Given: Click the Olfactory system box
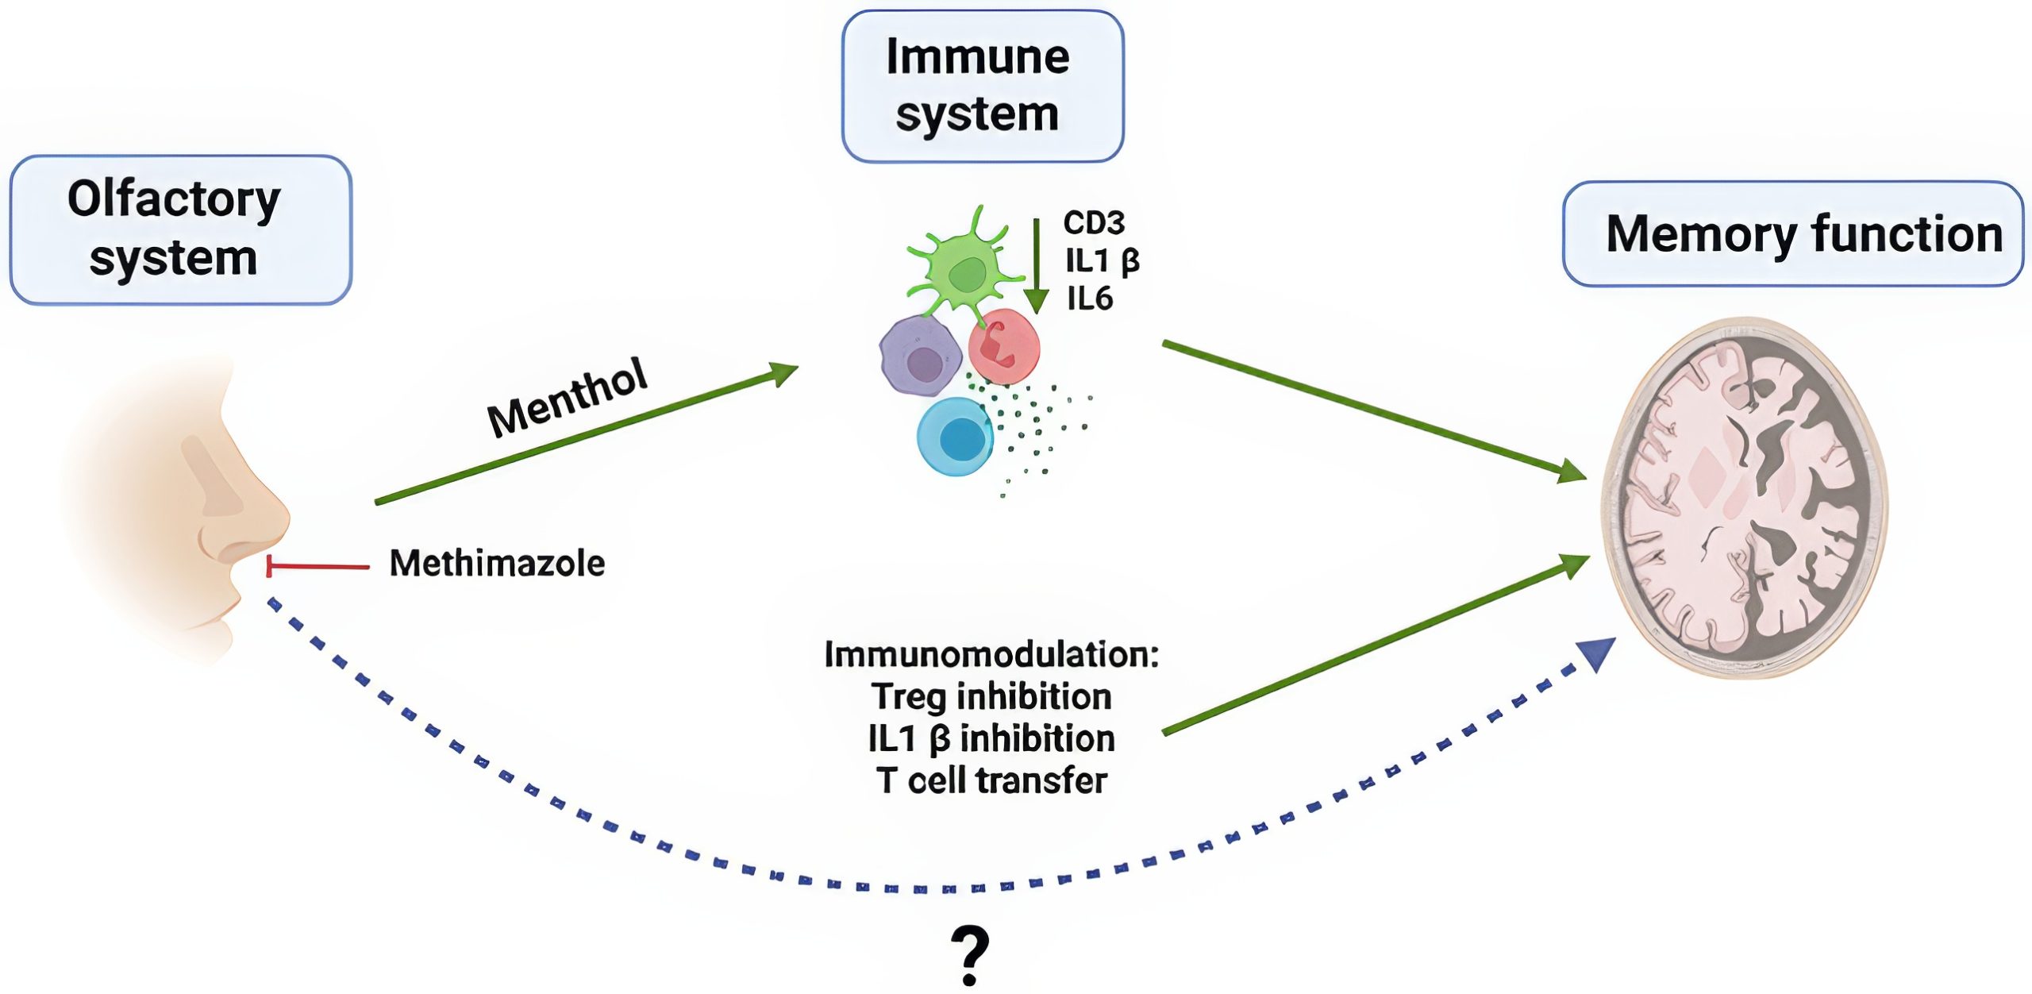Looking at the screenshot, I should click(x=180, y=229).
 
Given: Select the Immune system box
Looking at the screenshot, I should click(x=982, y=86).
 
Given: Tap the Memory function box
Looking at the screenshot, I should click(x=1792, y=233).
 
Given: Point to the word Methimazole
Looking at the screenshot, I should click(x=497, y=564).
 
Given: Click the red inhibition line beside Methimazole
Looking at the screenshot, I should click(x=317, y=566).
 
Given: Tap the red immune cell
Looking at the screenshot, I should click(x=1004, y=346).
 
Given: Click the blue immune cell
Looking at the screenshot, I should click(x=955, y=437).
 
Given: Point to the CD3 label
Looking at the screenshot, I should click(x=1094, y=223).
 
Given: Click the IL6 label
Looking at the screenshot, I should click(x=1090, y=299).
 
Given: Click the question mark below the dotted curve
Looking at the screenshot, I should click(x=970, y=955).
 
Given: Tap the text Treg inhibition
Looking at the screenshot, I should click(x=991, y=697).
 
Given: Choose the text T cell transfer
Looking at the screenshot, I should click(x=991, y=781).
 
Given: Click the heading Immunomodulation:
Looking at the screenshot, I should click(x=991, y=655).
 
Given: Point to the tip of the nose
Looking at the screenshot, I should click(x=282, y=516).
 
